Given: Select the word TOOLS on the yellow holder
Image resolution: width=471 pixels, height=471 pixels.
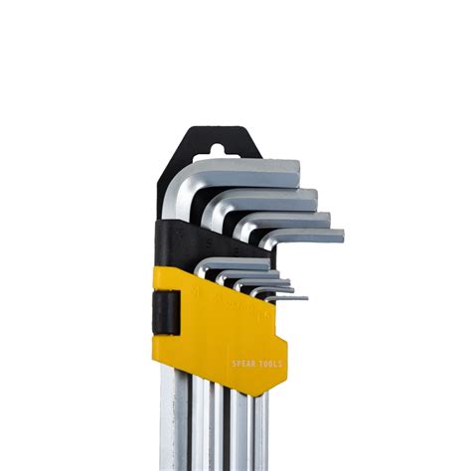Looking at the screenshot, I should click(269, 364).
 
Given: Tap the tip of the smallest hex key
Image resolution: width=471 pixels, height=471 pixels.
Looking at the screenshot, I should click(304, 298).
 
